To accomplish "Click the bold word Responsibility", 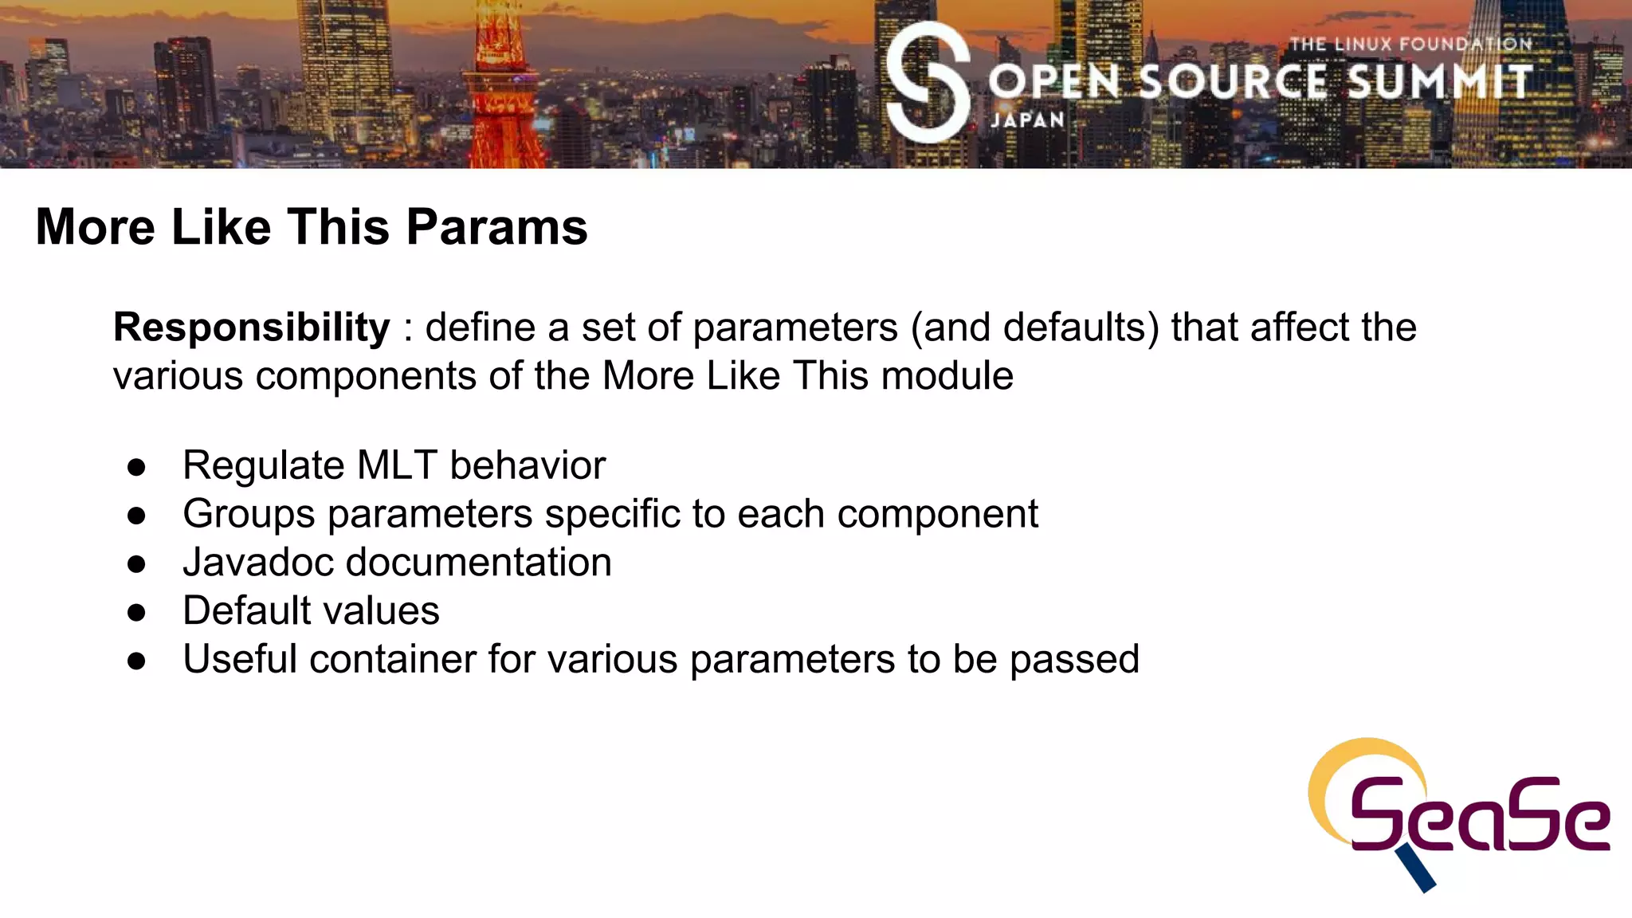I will coord(252,328).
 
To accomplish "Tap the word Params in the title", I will coord(496,227).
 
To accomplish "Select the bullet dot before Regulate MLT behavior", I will coord(136,467).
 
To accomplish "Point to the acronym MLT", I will coord(397,465).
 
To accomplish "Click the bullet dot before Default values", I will coord(136,612).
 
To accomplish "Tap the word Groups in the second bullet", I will coord(249,514).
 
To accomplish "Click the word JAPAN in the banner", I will coord(1027,120).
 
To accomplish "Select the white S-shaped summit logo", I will coord(928,82).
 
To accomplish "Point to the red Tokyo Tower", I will coord(502,88).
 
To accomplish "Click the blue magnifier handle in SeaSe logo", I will coord(1416,869).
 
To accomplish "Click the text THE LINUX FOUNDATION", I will coord(1410,45).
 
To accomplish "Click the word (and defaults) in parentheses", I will coord(1034,328).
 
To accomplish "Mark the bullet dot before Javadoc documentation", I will coord(136,564).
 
